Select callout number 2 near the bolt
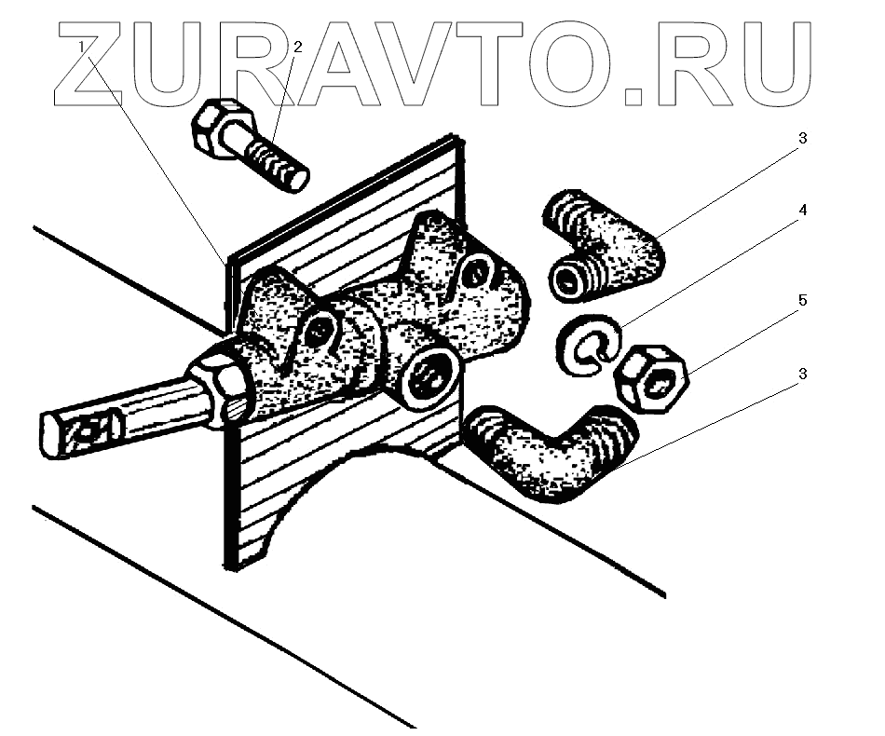pos(298,46)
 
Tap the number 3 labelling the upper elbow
pos(801,138)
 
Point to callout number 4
pos(801,211)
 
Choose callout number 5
pos(801,301)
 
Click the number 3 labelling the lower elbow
pos(801,374)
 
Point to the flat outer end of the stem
pos(56,436)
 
